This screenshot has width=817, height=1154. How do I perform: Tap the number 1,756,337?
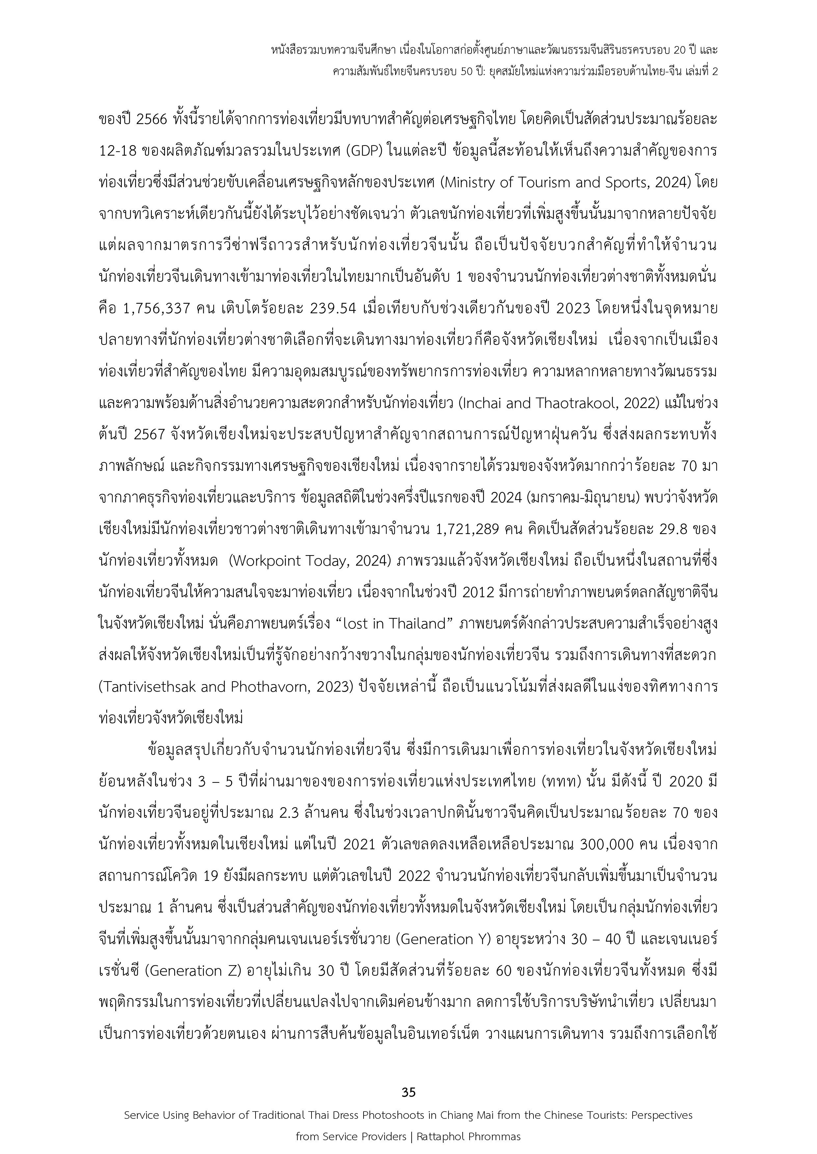(157, 308)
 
